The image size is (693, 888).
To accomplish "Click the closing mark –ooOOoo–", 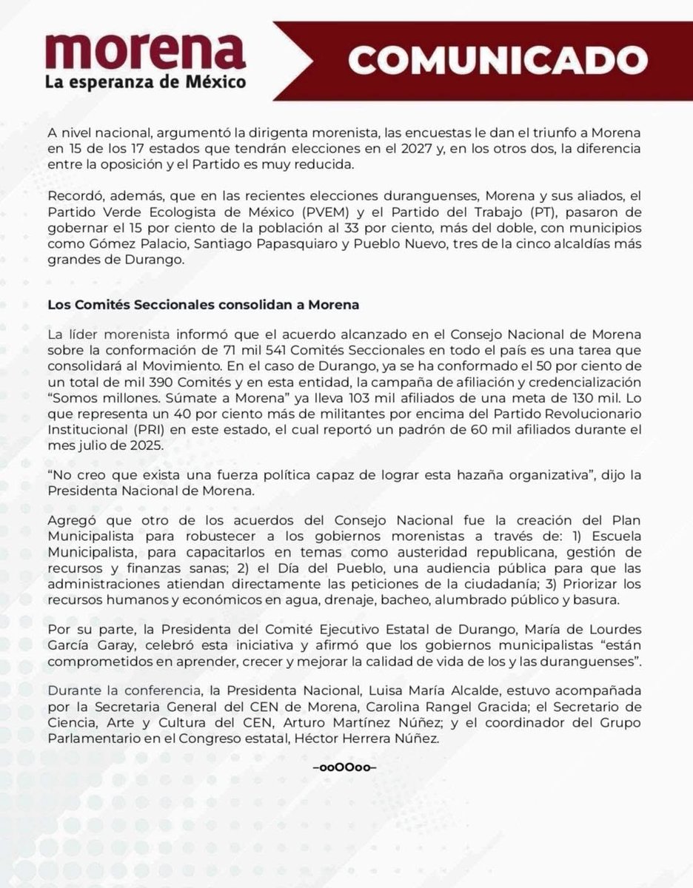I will [346, 768].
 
